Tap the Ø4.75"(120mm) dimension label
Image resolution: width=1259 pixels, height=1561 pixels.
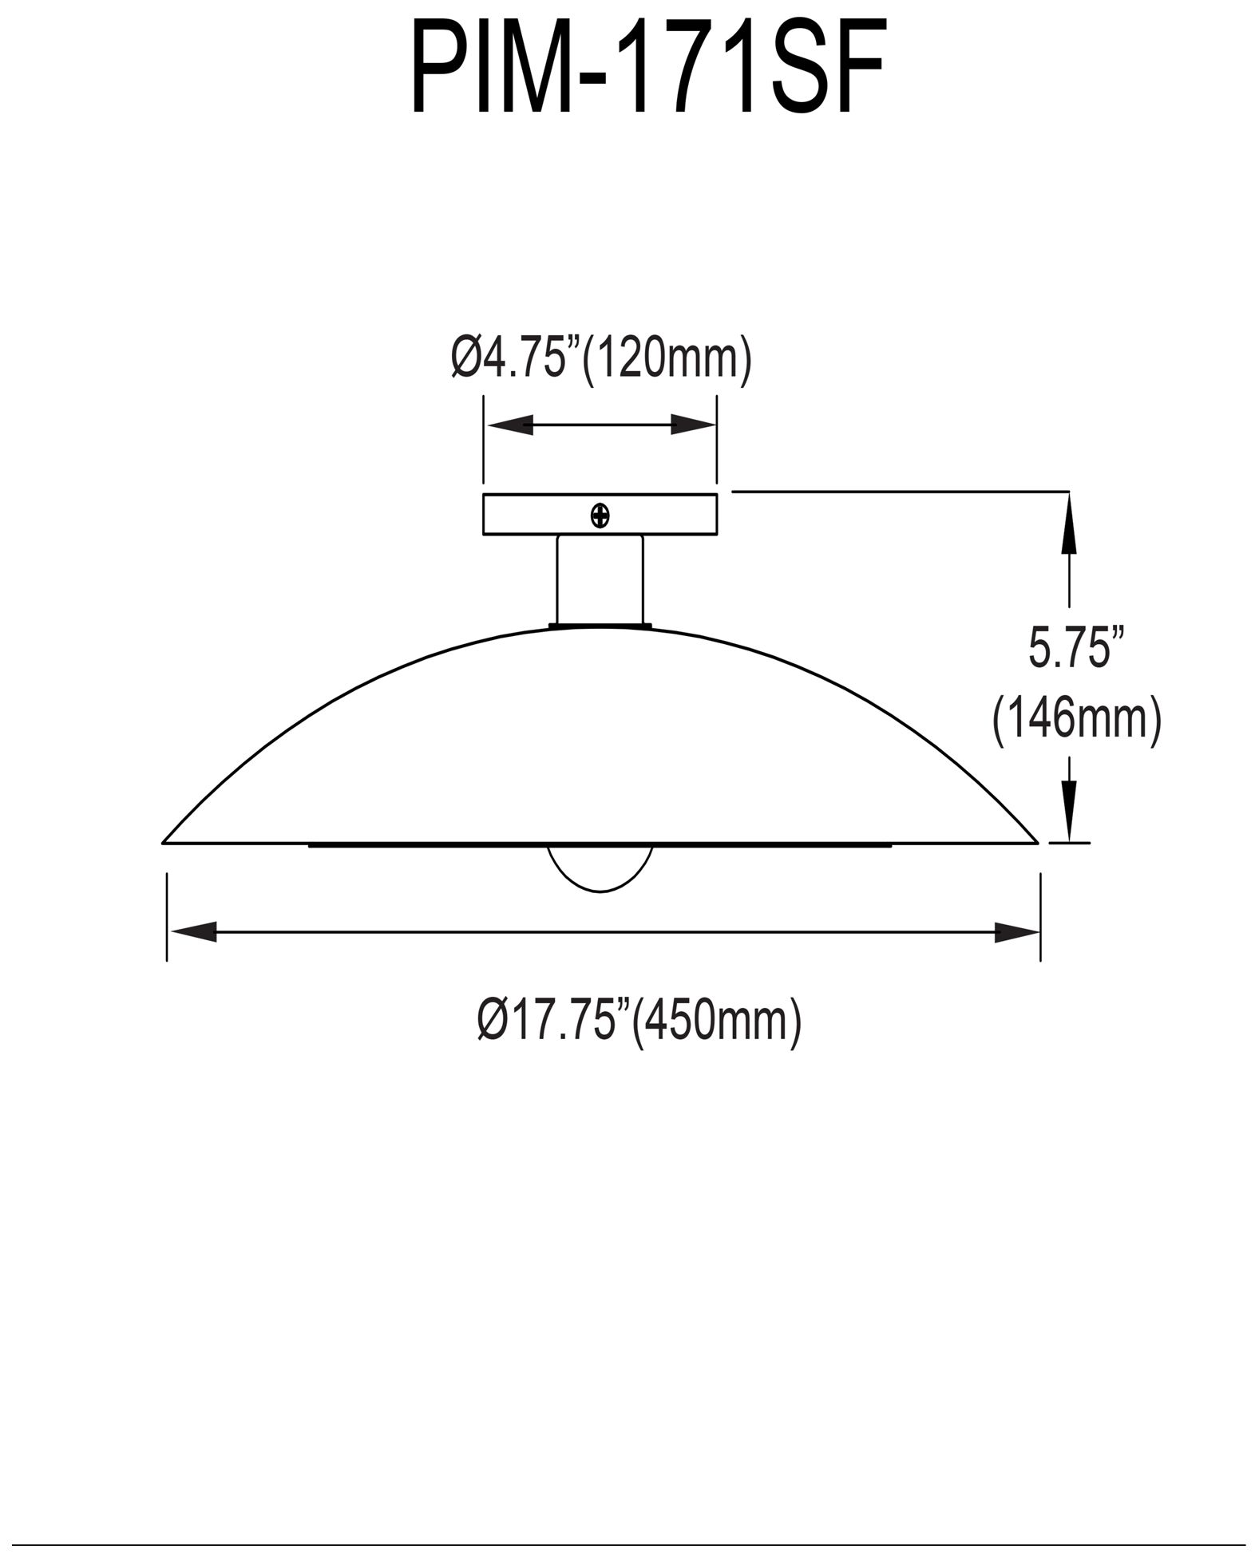pos(600,359)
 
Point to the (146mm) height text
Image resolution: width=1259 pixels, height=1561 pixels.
pos(1075,720)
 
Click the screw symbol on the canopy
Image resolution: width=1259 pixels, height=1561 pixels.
pos(600,516)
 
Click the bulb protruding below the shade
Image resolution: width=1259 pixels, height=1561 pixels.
pos(600,870)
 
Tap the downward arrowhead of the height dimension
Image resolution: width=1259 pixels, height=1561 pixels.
pos(1069,816)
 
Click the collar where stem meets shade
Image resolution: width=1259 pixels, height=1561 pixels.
pos(600,626)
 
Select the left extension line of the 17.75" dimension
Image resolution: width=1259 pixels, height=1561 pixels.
pos(167,918)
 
